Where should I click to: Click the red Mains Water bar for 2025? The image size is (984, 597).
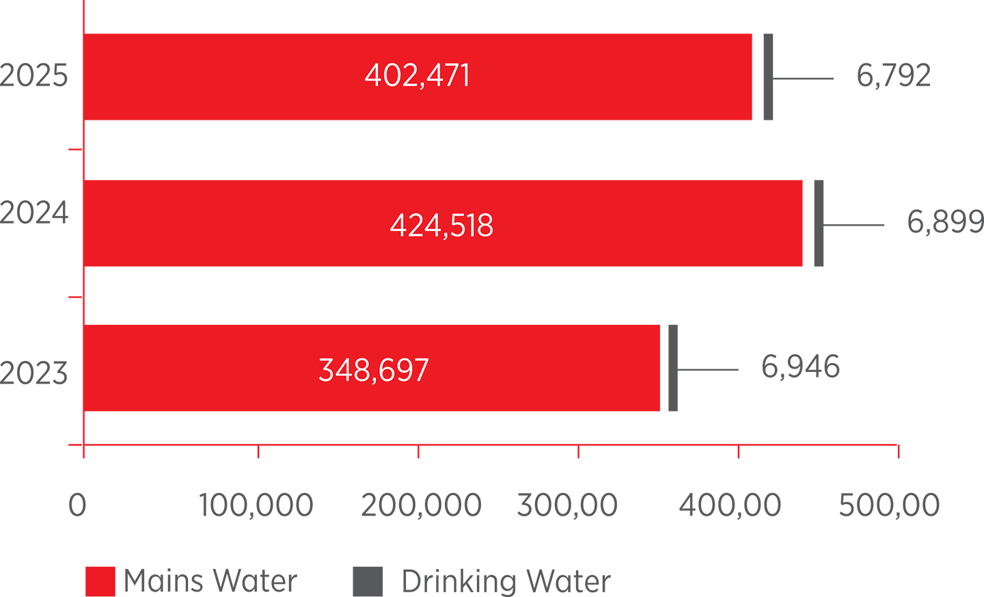[418, 77]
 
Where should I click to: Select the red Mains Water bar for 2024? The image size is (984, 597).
[443, 224]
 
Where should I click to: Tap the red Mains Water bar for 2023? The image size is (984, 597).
[372, 368]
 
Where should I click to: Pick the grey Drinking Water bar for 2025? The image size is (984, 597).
[768, 77]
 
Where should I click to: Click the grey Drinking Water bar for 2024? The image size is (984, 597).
[819, 224]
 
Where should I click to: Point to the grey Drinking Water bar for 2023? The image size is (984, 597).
[673, 368]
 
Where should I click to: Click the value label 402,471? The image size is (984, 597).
[418, 76]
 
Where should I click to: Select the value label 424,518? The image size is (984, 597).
[441, 226]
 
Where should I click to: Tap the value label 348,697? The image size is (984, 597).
[373, 370]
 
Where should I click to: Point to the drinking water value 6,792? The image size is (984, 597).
[894, 76]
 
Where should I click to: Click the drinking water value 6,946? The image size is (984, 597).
[800, 367]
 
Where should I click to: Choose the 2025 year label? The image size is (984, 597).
[34, 76]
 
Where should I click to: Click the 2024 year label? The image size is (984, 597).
[34, 213]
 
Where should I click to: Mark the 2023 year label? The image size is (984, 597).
[34, 373]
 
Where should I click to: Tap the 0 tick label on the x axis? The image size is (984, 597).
[77, 505]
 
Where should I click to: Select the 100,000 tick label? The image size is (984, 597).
[256, 505]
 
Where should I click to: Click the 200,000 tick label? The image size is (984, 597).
[421, 505]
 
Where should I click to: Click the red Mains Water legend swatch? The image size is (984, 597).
[100, 581]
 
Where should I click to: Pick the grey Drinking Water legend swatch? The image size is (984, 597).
[368, 581]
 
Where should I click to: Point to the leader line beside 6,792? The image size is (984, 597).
[803, 79]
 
